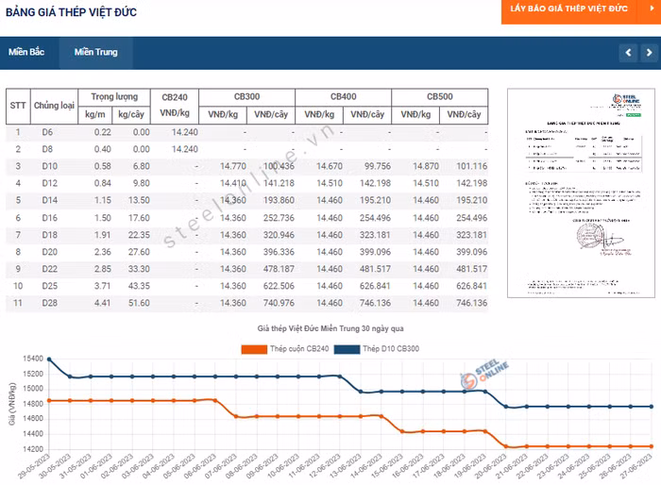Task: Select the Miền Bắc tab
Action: pos(26,52)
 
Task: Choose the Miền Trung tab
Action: pos(95,52)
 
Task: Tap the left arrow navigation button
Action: pos(628,52)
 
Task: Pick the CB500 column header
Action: pos(439,97)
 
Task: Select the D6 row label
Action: pos(48,132)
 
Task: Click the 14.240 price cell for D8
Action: pos(184,149)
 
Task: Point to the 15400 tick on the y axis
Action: pos(32,360)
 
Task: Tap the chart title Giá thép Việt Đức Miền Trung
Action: pos(330,329)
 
